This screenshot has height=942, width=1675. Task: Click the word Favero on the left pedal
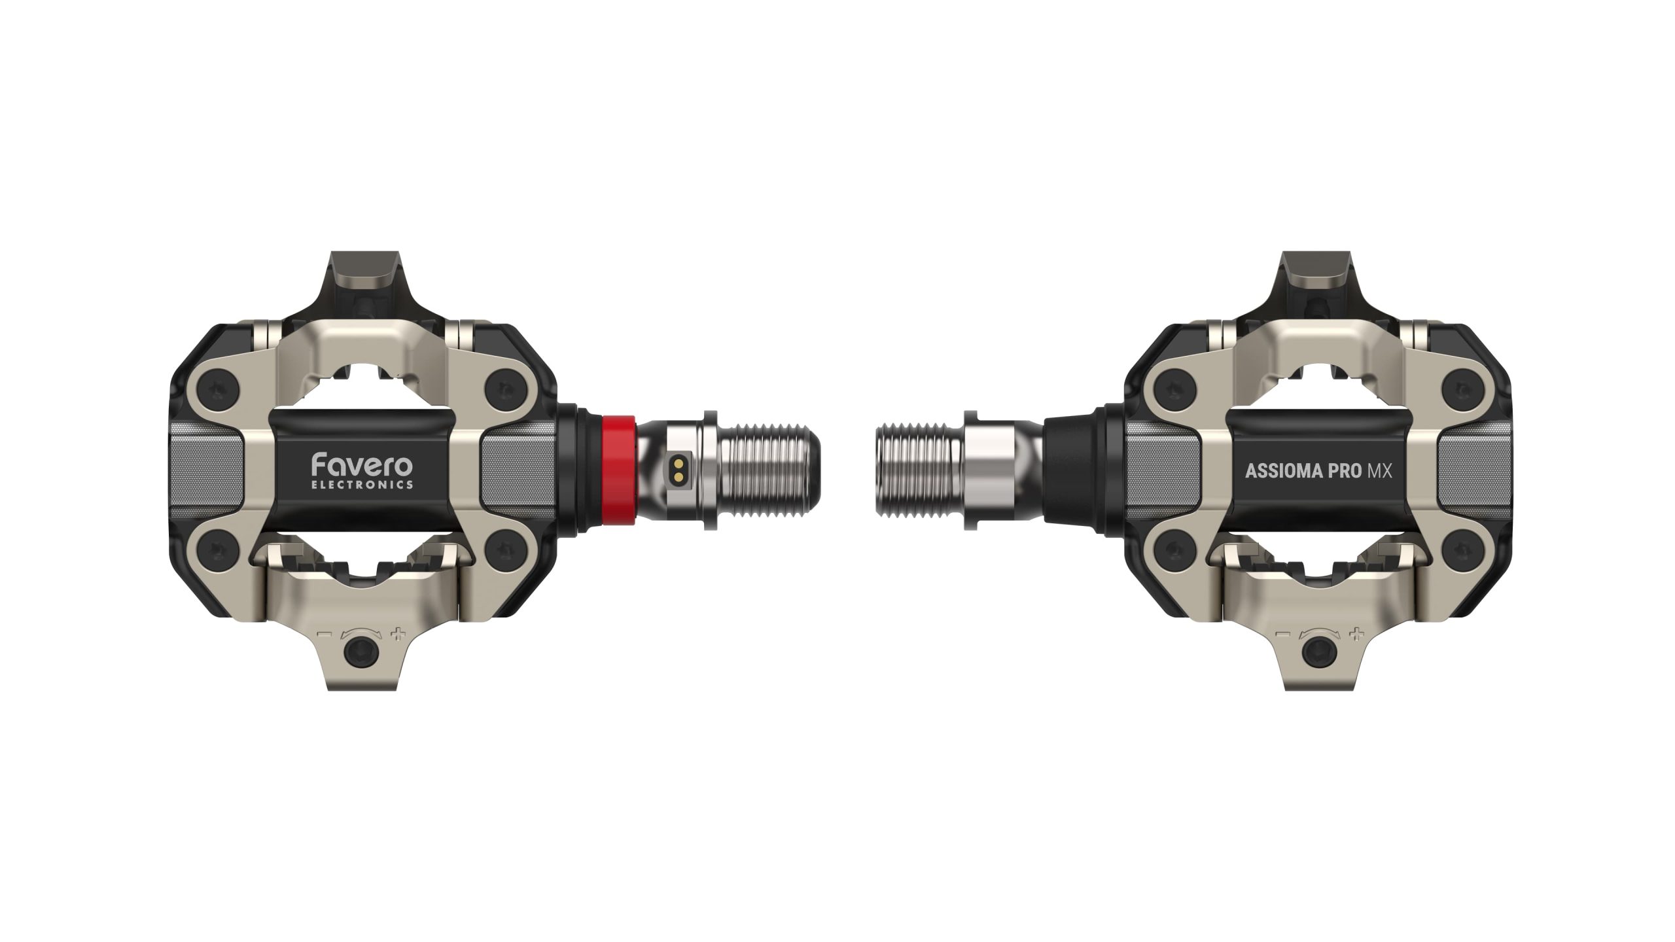coord(362,464)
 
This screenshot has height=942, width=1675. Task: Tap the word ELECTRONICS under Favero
coord(362,485)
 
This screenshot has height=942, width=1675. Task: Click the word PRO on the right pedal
coord(1335,471)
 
